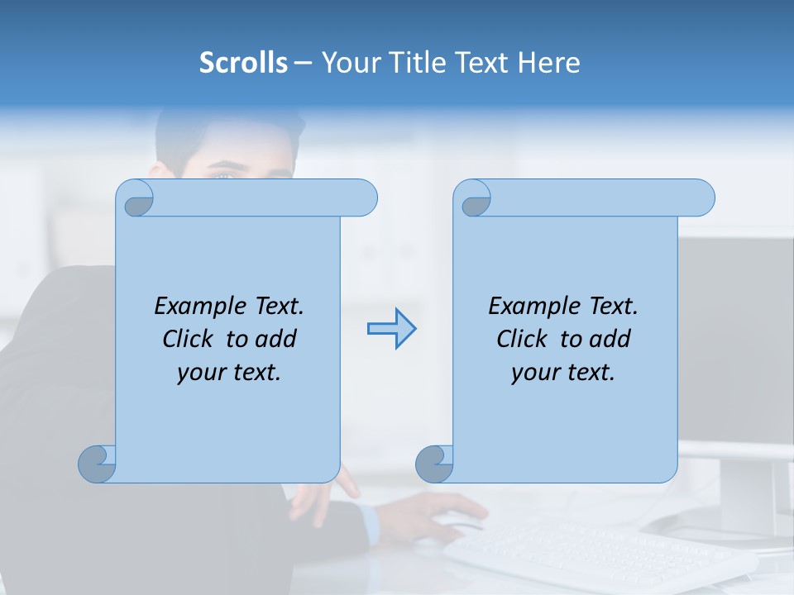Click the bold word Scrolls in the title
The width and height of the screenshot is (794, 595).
point(243,63)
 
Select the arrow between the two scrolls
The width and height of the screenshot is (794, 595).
point(391,329)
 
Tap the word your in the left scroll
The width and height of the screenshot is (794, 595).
point(200,373)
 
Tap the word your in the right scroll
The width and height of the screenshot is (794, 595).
point(534,373)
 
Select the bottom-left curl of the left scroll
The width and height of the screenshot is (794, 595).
point(97,463)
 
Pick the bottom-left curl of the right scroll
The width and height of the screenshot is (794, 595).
point(434,463)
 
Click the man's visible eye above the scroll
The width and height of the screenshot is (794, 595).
point(222,174)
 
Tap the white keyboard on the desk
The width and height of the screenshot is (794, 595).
point(595,554)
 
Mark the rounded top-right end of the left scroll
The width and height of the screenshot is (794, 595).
point(364,198)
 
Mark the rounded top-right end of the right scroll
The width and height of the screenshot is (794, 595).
point(701,198)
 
